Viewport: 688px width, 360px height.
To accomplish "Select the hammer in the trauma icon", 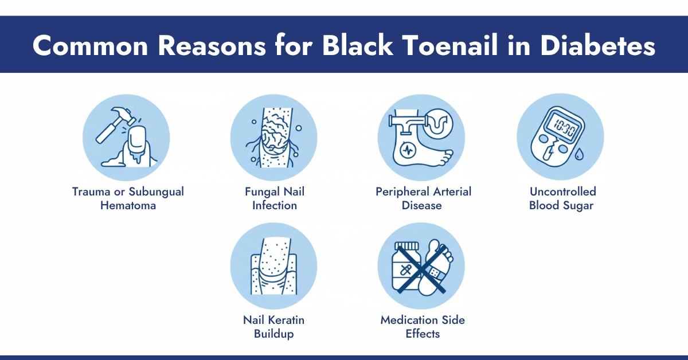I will pos(112,122).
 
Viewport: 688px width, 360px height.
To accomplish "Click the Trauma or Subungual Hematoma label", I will pos(128,198).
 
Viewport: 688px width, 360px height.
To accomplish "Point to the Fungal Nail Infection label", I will pos(274,198).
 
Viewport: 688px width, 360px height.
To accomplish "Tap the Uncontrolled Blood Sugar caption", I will pos(562,198).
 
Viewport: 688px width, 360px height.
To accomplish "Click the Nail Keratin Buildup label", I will pos(274,327).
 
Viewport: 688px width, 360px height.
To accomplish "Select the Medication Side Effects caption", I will pos(422,327).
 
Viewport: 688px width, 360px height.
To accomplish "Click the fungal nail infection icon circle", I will pos(274,138).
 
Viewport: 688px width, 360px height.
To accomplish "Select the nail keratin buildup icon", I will pos(274,266).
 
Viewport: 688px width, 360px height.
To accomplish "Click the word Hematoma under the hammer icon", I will pos(128,205).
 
